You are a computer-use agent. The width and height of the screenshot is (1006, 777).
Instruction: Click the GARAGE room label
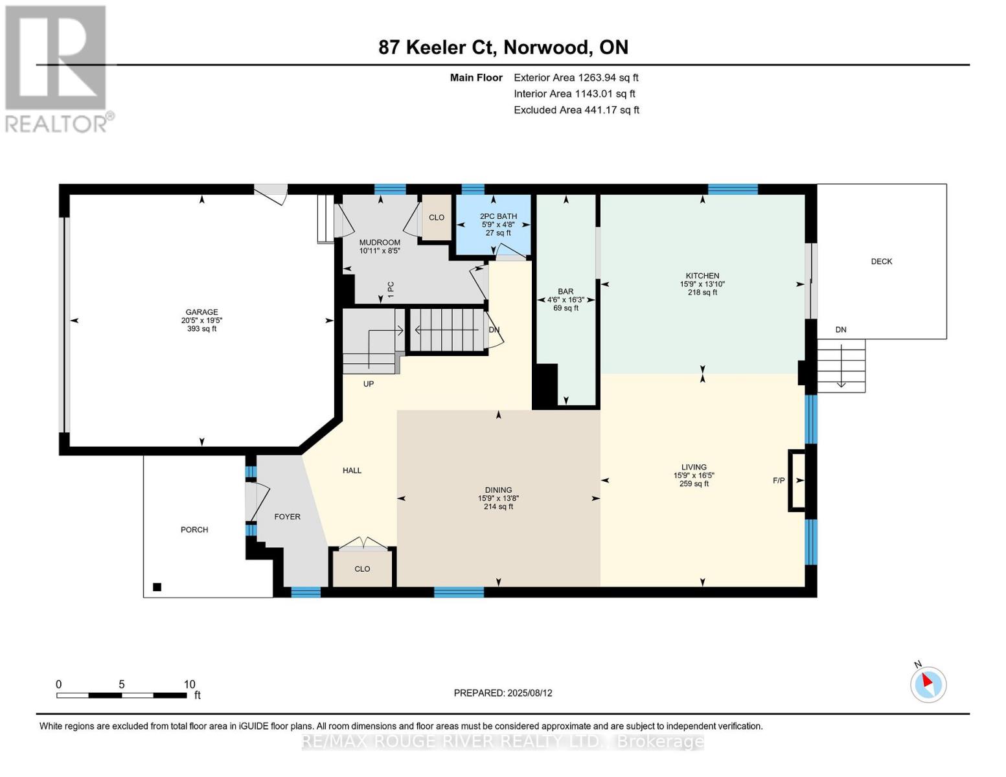(201, 312)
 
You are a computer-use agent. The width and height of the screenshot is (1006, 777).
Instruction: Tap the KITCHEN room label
(703, 276)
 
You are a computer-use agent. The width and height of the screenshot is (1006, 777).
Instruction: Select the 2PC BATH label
(498, 216)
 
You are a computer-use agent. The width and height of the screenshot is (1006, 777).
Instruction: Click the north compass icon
(928, 684)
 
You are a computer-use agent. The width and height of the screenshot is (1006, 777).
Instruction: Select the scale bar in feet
(122, 695)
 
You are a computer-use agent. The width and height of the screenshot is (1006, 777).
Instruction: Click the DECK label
(881, 262)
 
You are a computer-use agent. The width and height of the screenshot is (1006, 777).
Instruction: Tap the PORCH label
(194, 530)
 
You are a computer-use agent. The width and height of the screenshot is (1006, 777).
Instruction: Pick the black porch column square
(157, 587)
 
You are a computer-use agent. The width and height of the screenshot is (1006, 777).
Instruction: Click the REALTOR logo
(57, 68)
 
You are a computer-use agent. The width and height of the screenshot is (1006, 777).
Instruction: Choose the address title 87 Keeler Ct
(503, 47)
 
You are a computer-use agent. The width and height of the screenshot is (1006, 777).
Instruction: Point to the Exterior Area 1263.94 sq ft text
(576, 78)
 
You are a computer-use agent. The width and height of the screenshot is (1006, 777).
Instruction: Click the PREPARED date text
(503, 693)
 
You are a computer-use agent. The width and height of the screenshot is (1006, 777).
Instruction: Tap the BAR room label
(566, 291)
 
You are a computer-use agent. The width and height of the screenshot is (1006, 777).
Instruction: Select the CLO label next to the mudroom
(437, 218)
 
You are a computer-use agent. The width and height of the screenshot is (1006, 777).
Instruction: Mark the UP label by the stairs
(369, 384)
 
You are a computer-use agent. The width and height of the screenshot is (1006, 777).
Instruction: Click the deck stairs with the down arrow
(841, 366)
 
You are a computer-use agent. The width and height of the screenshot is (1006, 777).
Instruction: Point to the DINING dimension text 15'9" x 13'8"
(498, 499)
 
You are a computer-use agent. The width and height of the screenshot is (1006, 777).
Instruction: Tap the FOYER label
(287, 517)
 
